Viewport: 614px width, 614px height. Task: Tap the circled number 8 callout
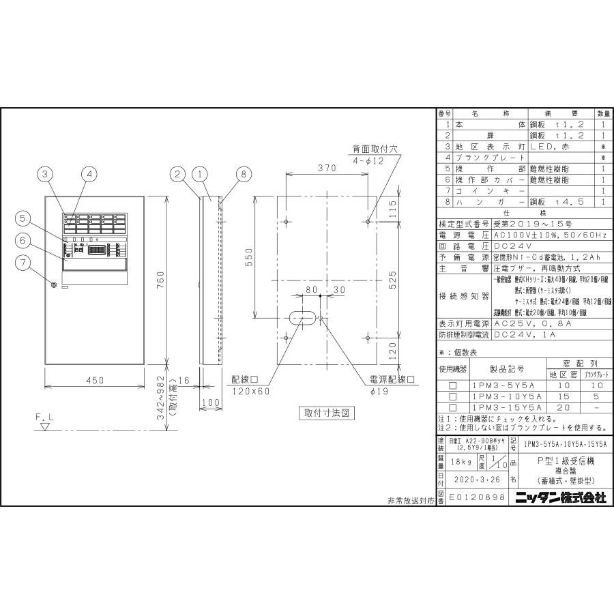tap(242, 175)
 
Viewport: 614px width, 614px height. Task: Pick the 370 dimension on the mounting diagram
tap(328, 168)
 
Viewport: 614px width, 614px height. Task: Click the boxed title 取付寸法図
tap(326, 413)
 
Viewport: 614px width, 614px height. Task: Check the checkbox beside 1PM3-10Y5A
tap(452, 396)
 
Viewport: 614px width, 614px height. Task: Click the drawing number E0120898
tap(478, 498)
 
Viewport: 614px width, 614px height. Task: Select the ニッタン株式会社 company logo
tap(561, 498)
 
